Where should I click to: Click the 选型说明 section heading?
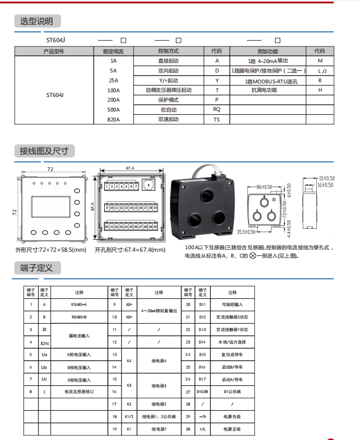pos(36,21)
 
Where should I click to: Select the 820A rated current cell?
pos(113,119)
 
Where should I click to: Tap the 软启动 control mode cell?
pos(168,109)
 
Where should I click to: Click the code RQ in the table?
pos(217,109)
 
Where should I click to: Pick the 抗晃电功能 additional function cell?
pos(264,90)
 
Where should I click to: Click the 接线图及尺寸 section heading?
pos(44,151)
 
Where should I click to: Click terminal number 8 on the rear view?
pos(149,185)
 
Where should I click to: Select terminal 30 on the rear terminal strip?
pos(155,227)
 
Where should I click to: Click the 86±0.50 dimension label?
pos(265,187)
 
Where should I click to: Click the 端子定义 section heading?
pos(36,268)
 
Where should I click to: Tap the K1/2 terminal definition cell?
pos(129,417)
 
